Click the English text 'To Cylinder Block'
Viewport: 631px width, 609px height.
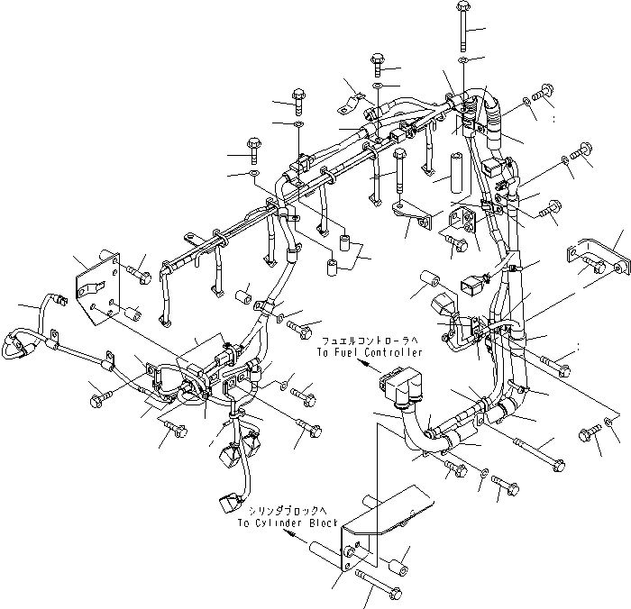click(x=288, y=523)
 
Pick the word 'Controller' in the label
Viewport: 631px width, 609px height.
click(x=389, y=352)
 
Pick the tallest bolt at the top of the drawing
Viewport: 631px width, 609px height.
click(x=462, y=24)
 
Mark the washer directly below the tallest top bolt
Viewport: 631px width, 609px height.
click(x=462, y=59)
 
